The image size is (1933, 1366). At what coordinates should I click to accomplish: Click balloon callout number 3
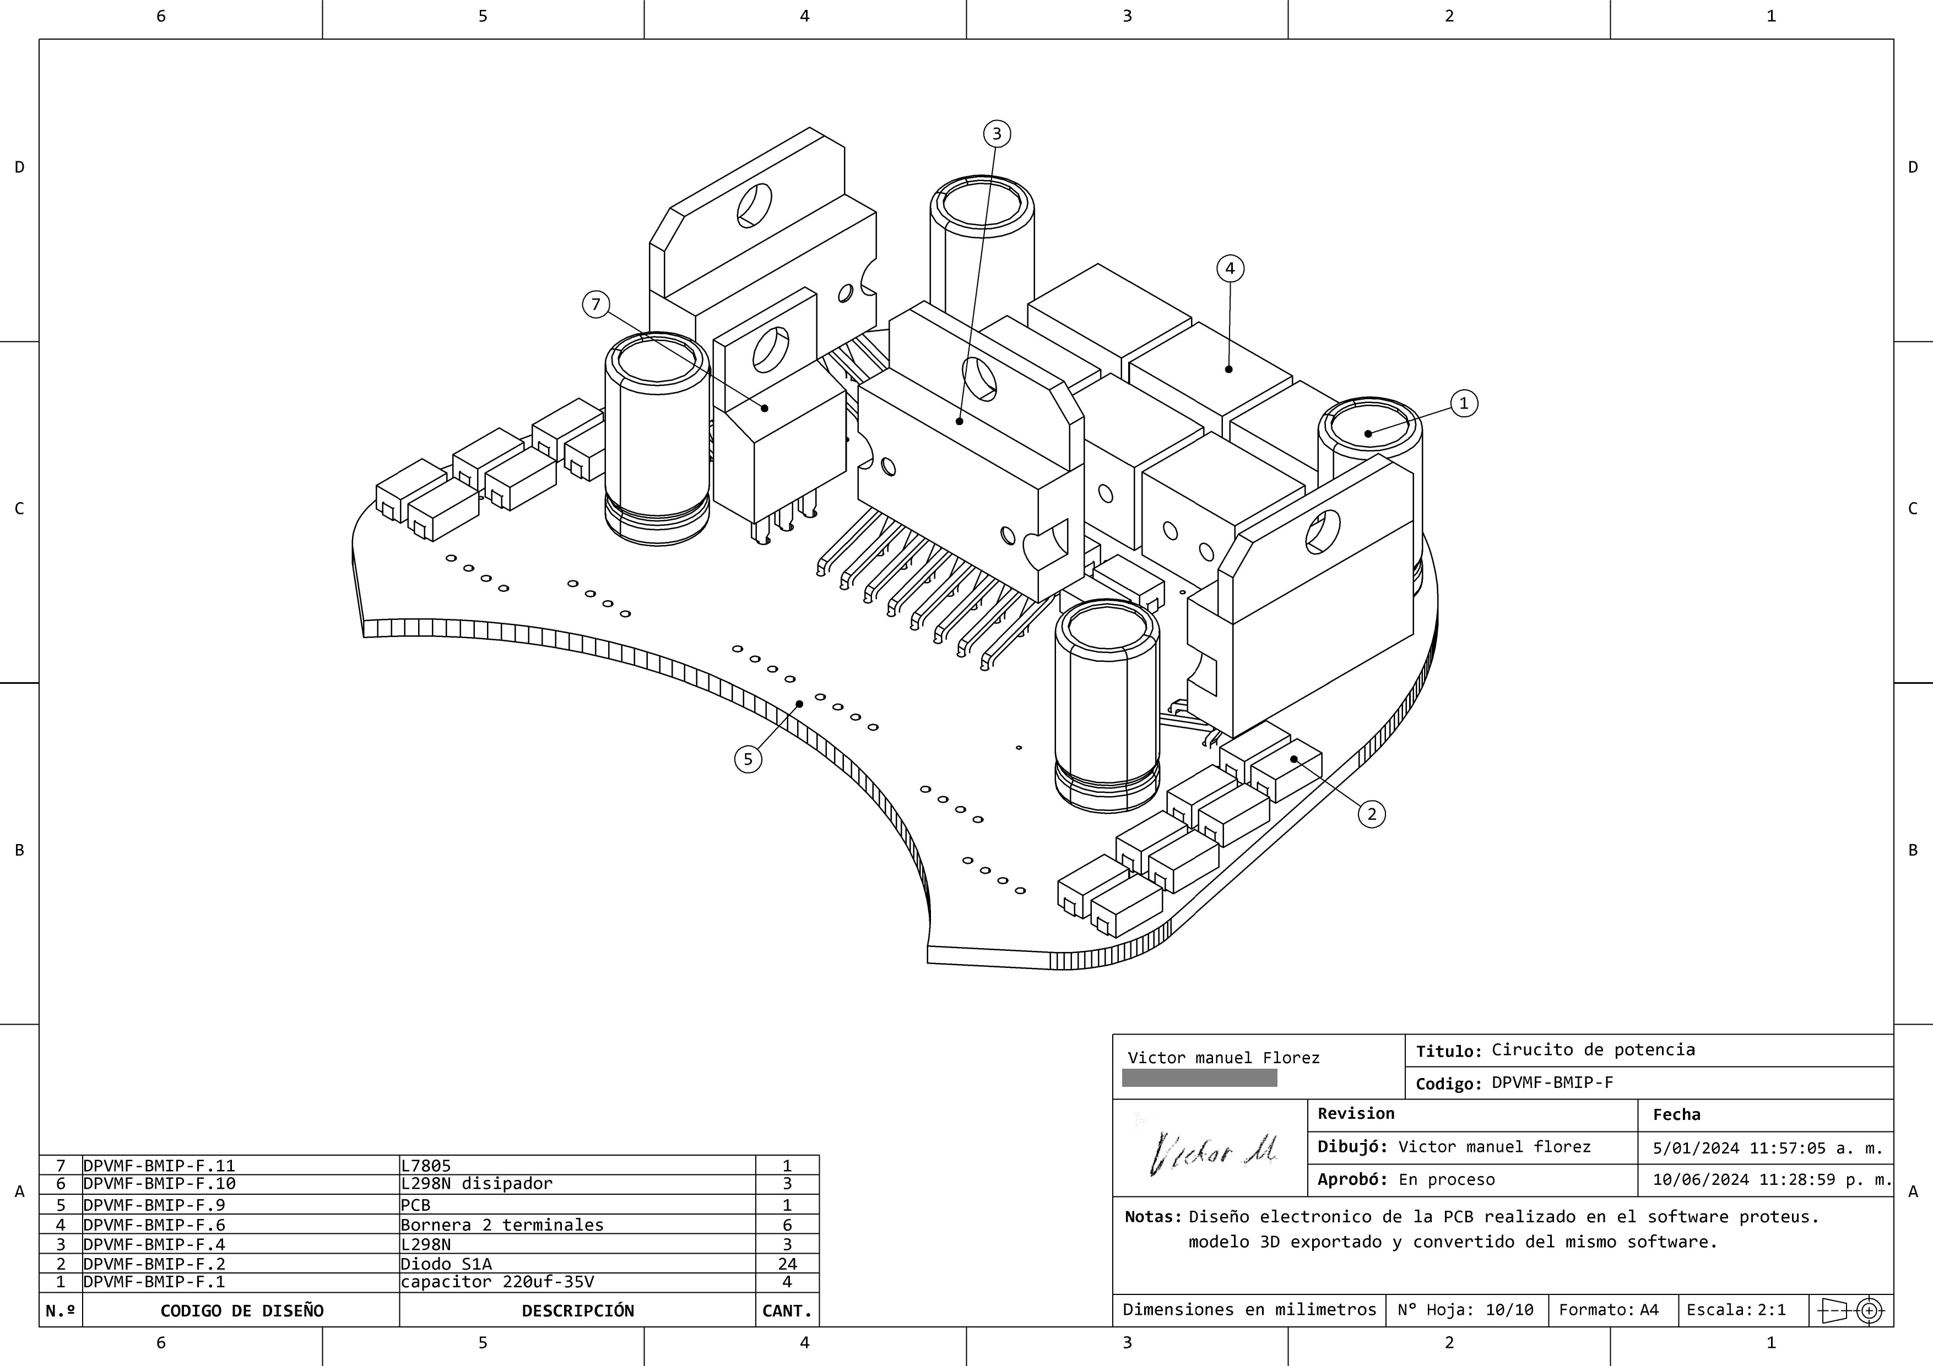click(997, 134)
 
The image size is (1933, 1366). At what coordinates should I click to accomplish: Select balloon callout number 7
click(596, 304)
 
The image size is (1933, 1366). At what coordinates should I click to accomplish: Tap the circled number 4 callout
click(1230, 269)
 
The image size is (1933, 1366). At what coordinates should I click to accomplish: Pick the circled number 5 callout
click(748, 759)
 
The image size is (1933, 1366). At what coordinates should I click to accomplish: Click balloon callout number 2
click(1372, 814)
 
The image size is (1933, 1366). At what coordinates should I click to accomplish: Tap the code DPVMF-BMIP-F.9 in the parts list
click(154, 1204)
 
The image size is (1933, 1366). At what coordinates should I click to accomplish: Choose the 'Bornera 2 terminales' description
click(502, 1224)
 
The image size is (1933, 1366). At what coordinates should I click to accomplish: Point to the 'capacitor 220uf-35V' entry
click(497, 1282)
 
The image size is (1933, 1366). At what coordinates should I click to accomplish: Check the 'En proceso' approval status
click(1447, 1180)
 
